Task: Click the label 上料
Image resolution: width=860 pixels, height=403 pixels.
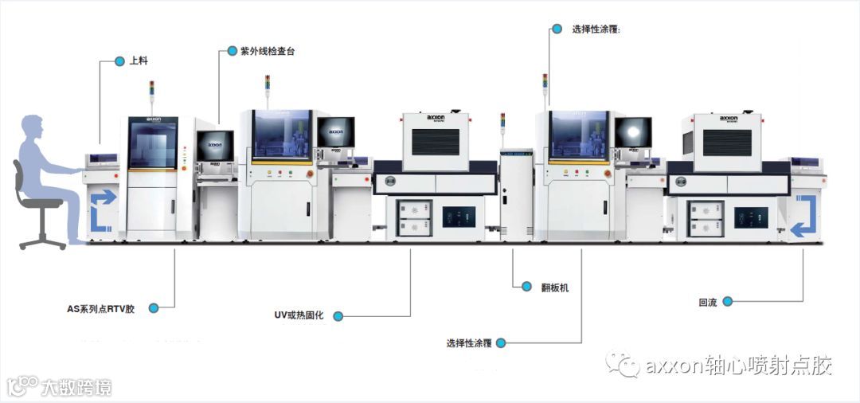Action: tap(140, 61)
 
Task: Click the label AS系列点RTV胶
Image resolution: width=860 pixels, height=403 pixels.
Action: tap(100, 307)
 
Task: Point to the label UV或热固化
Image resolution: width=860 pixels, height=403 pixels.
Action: tap(302, 315)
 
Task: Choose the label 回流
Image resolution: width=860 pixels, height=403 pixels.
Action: tap(707, 303)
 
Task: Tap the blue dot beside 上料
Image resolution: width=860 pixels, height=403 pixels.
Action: tap(119, 61)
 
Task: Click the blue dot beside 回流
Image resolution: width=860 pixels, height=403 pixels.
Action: tap(728, 302)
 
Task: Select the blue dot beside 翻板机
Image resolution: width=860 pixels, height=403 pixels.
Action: tap(526, 286)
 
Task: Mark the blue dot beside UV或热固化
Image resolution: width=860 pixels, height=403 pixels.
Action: tap(338, 316)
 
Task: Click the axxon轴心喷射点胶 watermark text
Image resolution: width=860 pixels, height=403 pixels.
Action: tap(738, 366)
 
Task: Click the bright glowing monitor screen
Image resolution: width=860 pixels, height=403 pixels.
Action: tap(633, 131)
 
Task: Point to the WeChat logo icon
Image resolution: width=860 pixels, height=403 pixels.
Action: tap(622, 365)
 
